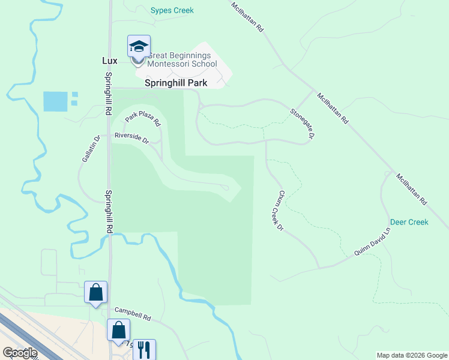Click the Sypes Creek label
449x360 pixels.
(x=172, y=10)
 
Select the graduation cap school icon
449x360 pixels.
(x=139, y=47)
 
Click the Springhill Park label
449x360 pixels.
(x=176, y=83)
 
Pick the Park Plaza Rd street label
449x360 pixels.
(x=143, y=118)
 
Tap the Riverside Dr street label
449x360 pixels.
(x=131, y=138)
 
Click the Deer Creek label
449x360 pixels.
(x=409, y=222)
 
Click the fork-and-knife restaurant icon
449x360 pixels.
(x=144, y=350)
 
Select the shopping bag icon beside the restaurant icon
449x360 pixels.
(x=119, y=330)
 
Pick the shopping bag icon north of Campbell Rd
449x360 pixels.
(x=95, y=293)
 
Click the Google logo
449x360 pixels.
(x=20, y=353)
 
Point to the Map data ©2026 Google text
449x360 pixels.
(x=412, y=355)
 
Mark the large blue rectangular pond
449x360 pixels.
(x=55, y=101)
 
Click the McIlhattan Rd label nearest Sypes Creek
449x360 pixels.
(x=248, y=16)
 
